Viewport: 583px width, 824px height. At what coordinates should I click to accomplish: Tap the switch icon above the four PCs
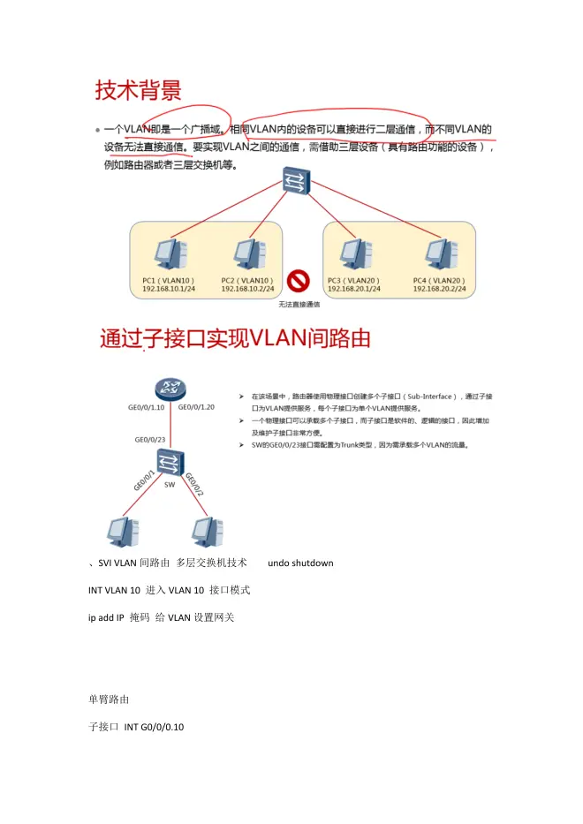click(x=293, y=183)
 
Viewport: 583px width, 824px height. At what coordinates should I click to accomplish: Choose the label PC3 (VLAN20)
click(x=353, y=280)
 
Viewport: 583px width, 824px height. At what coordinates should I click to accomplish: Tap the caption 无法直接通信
click(x=299, y=305)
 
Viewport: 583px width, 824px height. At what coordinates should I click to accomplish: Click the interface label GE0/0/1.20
click(x=196, y=407)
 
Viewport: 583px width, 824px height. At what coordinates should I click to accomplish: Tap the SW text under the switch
click(x=170, y=484)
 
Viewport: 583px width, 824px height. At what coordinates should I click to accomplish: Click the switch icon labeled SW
click(x=169, y=462)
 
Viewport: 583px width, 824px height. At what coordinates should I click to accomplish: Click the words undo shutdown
click(x=299, y=563)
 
